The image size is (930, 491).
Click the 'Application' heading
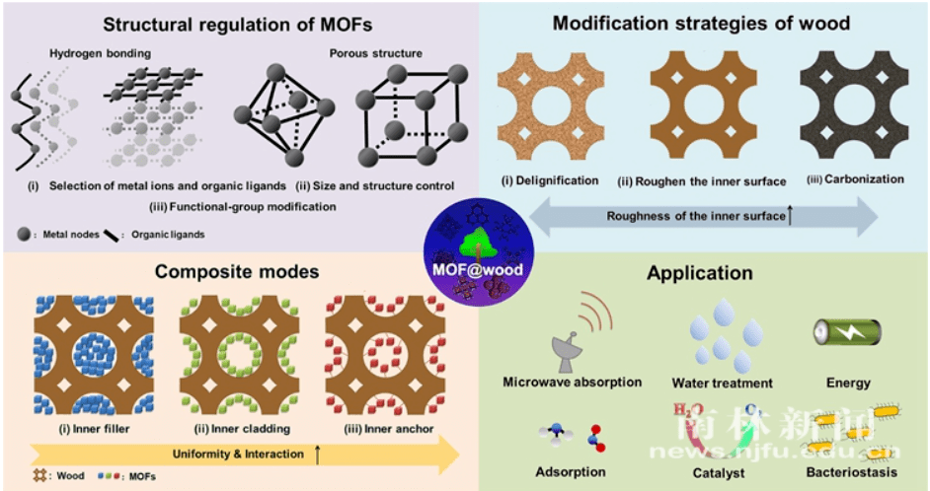click(x=700, y=272)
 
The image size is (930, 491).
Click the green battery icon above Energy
click(x=846, y=332)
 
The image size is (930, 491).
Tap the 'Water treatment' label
click(x=722, y=383)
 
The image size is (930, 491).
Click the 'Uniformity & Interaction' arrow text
click(x=245, y=455)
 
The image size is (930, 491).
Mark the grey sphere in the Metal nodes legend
click(x=24, y=234)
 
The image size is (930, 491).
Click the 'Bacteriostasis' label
click(x=850, y=472)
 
